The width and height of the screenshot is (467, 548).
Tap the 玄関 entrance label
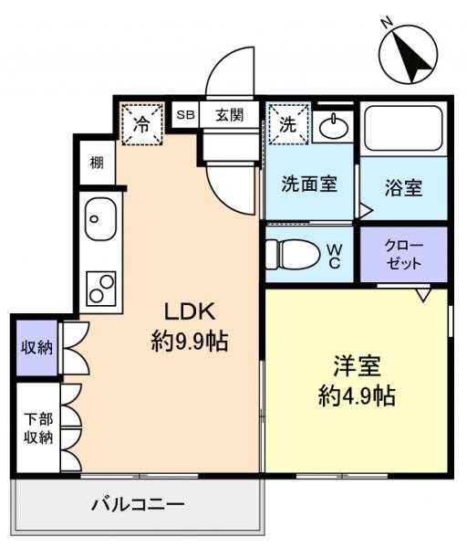coord(230,115)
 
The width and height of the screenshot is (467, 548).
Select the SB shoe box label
coord(186,115)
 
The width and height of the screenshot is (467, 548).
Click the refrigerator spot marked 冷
coord(142,124)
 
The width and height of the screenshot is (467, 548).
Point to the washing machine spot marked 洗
coord(288,124)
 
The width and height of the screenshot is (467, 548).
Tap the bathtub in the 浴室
coord(402,130)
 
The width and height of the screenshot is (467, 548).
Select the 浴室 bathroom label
coord(402,188)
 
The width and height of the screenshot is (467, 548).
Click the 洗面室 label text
coord(307,183)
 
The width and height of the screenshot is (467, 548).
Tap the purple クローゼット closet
coord(403,254)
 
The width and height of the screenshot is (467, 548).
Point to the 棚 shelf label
coord(96,163)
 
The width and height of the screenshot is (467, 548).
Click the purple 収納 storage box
coord(36,346)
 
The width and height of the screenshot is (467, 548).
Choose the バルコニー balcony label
coord(139,505)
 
